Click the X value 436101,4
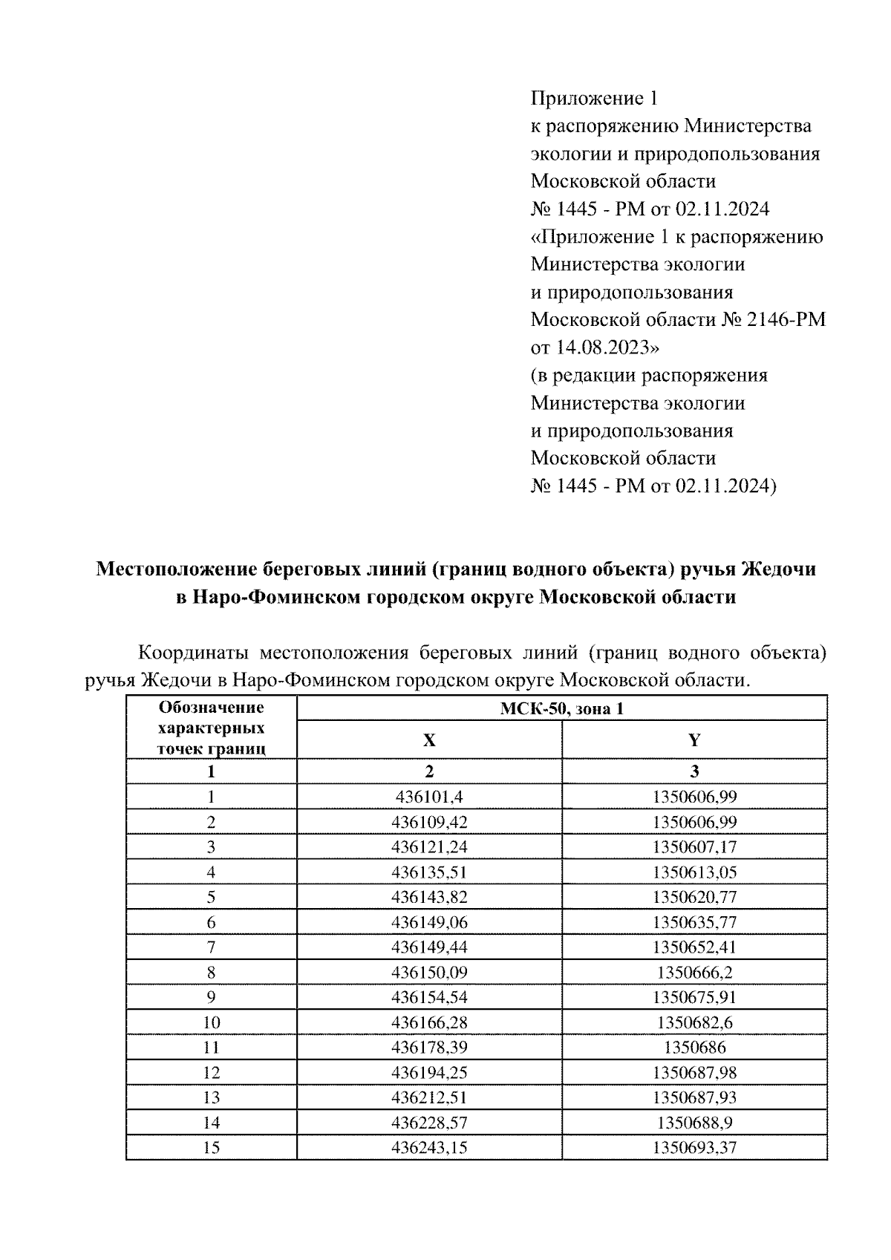(x=429, y=797)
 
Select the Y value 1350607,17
(x=694, y=847)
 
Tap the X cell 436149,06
(x=429, y=922)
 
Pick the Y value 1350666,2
(x=694, y=972)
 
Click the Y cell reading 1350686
(x=694, y=1048)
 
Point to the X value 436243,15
(x=429, y=1148)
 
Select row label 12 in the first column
(x=212, y=1073)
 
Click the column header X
(x=429, y=740)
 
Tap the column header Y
(x=694, y=740)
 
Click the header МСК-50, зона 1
(x=561, y=709)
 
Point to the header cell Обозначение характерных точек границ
(x=212, y=728)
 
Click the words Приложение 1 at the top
(x=594, y=99)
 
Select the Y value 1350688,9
(x=694, y=1123)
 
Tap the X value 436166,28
(x=429, y=1022)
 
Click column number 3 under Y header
(x=694, y=771)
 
